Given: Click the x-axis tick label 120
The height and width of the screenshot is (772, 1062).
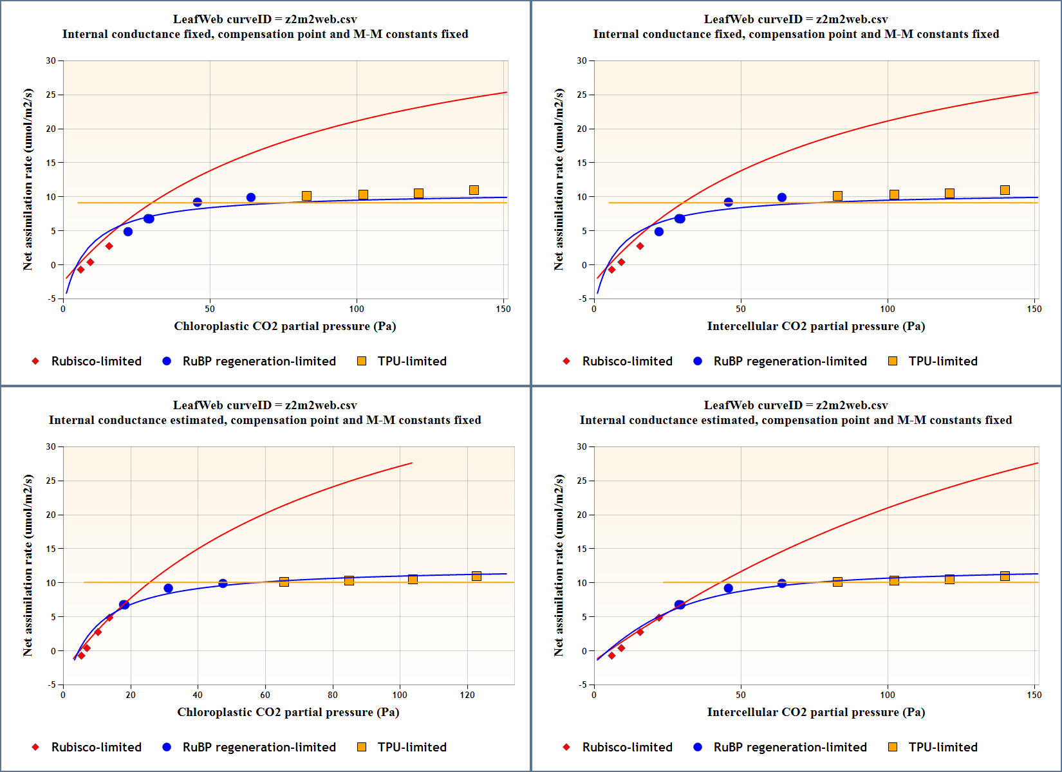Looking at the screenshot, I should click(x=467, y=695).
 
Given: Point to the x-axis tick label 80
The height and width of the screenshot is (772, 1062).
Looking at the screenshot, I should click(x=333, y=695).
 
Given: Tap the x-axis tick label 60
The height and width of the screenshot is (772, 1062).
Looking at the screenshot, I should click(x=265, y=695).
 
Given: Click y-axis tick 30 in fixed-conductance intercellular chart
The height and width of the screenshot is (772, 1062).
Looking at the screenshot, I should click(x=582, y=60).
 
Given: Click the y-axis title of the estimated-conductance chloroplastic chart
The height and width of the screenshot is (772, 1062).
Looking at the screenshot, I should click(x=28, y=565).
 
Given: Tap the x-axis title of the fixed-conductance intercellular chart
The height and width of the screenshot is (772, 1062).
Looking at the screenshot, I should click(x=815, y=326).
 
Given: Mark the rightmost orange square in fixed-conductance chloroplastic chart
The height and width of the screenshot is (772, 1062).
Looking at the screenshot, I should click(x=474, y=190).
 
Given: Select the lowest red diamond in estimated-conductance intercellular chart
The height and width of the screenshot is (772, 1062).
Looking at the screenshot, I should click(x=611, y=656).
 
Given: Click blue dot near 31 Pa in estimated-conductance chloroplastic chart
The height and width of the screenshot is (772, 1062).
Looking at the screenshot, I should click(x=168, y=588).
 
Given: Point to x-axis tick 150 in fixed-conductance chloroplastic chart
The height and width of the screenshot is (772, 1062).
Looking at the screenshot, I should click(x=503, y=309).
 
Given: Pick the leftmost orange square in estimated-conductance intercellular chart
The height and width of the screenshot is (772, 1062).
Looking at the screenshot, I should click(x=837, y=582).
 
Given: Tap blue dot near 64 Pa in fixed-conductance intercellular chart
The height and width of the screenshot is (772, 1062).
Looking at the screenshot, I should click(x=781, y=198).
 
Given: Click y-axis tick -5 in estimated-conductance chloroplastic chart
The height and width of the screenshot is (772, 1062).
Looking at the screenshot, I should click(x=51, y=685).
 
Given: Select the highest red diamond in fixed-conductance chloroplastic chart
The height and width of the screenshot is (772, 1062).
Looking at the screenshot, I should click(x=109, y=246).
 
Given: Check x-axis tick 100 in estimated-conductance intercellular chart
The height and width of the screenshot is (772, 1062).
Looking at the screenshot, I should click(x=888, y=695).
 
